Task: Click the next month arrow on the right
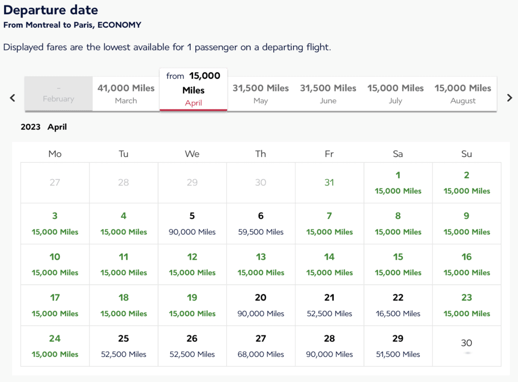pyautogui.click(x=509, y=98)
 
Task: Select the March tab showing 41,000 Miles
pyautogui.click(x=126, y=93)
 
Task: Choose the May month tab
pyautogui.click(x=261, y=93)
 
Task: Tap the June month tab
pyautogui.click(x=328, y=93)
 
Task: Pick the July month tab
pyautogui.click(x=396, y=93)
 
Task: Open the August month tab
pyautogui.click(x=463, y=93)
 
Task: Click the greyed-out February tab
pyautogui.click(x=59, y=94)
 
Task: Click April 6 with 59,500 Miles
pyautogui.click(x=261, y=223)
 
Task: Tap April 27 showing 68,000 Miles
pyautogui.click(x=261, y=346)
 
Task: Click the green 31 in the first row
pyautogui.click(x=329, y=182)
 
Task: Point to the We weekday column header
pyautogui.click(x=192, y=154)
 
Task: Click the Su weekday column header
pyautogui.click(x=466, y=154)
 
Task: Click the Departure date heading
pyautogui.click(x=51, y=10)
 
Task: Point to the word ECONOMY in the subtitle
pyautogui.click(x=119, y=25)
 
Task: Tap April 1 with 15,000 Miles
pyautogui.click(x=398, y=182)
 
